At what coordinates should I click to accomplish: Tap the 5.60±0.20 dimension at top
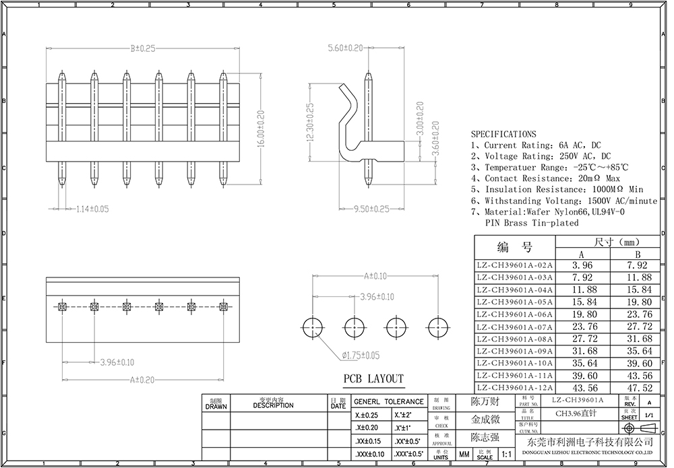point(345,48)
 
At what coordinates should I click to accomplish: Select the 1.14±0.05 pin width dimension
point(92,209)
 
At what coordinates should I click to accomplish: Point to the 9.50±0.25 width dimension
point(371,209)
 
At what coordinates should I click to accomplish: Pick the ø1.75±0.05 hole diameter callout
point(361,355)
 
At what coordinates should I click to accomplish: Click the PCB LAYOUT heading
point(373,378)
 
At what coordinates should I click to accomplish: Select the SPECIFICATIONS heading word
point(503,134)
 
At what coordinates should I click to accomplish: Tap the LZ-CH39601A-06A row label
point(514,314)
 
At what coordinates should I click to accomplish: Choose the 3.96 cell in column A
point(582,265)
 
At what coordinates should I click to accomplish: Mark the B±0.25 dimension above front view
point(143,48)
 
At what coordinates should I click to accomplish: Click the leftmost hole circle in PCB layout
point(313,328)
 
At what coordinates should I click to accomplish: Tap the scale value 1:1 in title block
point(506,455)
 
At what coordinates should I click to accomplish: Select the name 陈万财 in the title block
point(485,402)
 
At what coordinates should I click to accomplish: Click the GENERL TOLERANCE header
point(389,401)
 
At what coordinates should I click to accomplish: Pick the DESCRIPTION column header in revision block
point(273,405)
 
